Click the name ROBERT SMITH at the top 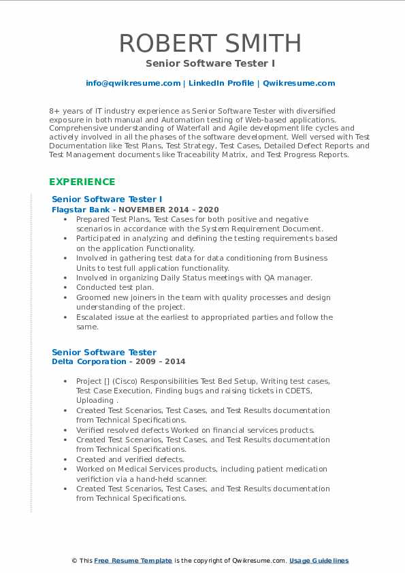210,43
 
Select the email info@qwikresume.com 133,83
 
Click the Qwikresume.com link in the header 299,83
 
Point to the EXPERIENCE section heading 82,182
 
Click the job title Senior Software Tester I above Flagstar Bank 107,199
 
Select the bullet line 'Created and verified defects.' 130,459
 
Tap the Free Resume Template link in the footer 133,561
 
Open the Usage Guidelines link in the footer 319,561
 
